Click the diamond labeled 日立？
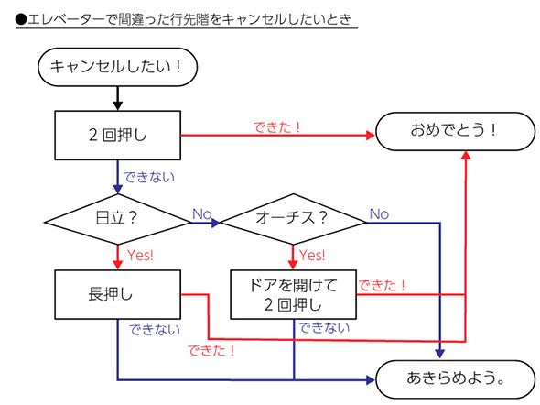117,220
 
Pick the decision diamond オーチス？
292,220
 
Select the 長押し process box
118,294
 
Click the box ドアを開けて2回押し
292,294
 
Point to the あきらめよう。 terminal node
455,378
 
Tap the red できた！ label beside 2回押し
276,126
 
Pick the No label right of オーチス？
379,213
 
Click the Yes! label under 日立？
140,255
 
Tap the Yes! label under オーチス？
314,255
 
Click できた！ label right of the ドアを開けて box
383,286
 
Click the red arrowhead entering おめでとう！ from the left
370,136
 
